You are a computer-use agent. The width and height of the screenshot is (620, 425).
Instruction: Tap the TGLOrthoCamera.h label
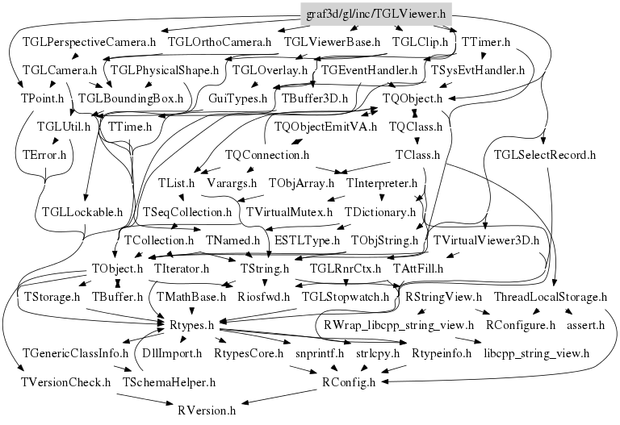pos(220,40)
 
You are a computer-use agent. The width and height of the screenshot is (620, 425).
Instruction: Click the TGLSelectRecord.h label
pos(544,154)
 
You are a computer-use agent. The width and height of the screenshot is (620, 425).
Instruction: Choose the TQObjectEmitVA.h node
pos(325,127)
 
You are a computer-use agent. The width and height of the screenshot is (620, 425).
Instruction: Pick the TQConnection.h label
pos(268,154)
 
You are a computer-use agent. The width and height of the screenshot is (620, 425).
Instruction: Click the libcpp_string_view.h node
pos(536,353)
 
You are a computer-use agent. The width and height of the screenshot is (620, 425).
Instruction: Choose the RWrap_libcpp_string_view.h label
pos(399,325)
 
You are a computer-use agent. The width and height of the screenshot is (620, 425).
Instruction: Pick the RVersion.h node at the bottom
pos(207,410)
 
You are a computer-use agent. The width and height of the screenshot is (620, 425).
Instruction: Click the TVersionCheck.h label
pos(65,381)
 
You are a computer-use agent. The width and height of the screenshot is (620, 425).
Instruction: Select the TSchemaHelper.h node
pos(169,381)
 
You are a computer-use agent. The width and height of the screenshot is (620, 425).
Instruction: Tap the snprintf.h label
pos(319,353)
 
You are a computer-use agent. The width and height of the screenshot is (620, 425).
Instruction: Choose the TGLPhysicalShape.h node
pos(165,69)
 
